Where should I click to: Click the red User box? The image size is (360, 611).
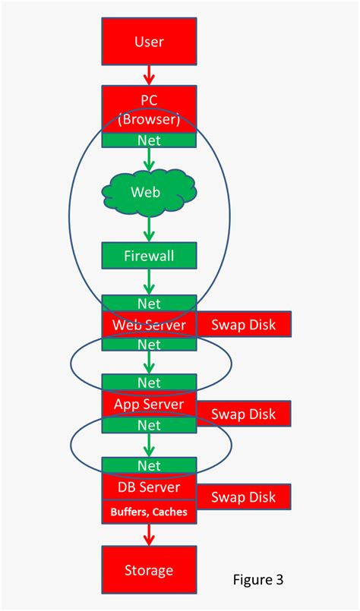[149, 41]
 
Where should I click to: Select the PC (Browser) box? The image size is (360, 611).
[149, 109]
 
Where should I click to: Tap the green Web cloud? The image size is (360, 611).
[149, 192]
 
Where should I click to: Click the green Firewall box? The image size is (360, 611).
[149, 256]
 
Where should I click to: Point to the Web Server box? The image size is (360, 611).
[149, 324]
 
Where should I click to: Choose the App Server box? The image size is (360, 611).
[149, 405]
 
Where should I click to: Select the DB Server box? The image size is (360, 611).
[149, 487]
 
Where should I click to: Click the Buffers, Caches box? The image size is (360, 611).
[149, 512]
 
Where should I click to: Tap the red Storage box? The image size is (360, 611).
[149, 569]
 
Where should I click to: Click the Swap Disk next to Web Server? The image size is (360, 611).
[244, 324]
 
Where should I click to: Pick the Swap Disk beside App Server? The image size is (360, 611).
[244, 414]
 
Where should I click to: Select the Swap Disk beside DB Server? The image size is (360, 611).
[244, 497]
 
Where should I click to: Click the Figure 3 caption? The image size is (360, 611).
[258, 580]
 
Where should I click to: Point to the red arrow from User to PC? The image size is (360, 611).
[149, 74]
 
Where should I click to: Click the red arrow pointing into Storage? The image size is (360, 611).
[149, 534]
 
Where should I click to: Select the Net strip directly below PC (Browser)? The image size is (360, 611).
[149, 140]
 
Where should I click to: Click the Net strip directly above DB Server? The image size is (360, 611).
[149, 465]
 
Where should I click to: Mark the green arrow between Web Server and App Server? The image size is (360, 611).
[149, 363]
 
